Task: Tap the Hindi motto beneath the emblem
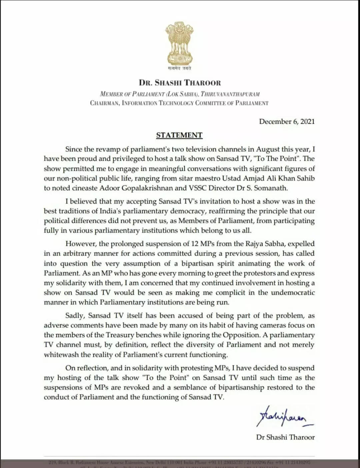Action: click(x=179, y=68)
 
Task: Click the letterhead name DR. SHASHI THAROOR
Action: click(x=180, y=83)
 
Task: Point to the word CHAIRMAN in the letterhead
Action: click(x=104, y=103)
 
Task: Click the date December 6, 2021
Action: click(x=287, y=121)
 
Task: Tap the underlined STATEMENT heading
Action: click(x=179, y=135)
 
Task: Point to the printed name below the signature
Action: click(x=285, y=437)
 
